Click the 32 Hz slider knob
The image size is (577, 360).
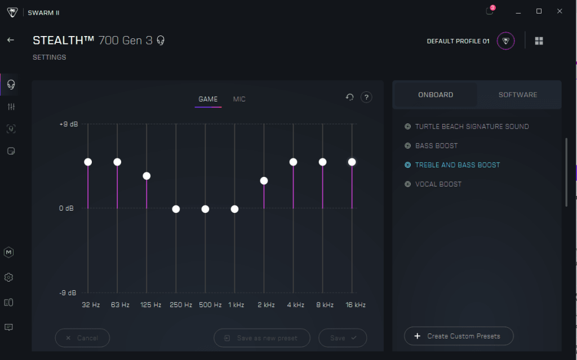(x=88, y=162)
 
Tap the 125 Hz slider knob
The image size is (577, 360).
(x=147, y=176)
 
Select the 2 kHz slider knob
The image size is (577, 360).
(x=264, y=181)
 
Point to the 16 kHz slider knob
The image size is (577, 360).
(x=352, y=162)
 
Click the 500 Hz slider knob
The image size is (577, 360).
(x=205, y=209)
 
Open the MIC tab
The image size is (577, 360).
(x=239, y=99)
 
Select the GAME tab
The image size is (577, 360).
(x=208, y=99)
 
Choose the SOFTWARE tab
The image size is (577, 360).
(x=518, y=95)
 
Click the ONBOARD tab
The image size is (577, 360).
(x=436, y=95)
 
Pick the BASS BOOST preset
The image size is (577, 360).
(x=436, y=146)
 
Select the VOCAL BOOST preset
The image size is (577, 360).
(x=438, y=184)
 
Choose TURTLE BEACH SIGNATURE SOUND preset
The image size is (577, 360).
(x=472, y=127)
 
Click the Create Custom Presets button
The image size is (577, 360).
(x=459, y=336)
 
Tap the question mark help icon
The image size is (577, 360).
(x=366, y=97)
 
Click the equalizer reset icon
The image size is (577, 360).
(x=350, y=97)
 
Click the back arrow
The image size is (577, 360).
(x=10, y=40)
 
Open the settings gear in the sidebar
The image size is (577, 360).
(x=8, y=277)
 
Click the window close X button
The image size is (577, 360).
(x=559, y=11)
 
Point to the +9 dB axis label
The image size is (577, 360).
(x=69, y=124)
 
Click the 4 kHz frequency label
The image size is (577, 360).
(x=295, y=305)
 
